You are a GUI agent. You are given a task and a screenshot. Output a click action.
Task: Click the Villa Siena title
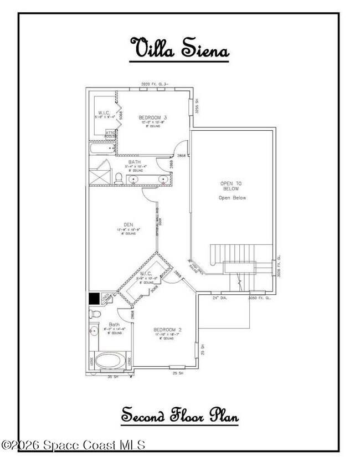tap(179, 48)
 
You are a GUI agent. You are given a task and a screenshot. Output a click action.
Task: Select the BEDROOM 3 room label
tap(153, 117)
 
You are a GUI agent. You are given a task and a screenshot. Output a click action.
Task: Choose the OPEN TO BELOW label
tap(231, 186)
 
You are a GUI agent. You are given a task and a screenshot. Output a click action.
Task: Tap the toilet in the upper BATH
tap(118, 178)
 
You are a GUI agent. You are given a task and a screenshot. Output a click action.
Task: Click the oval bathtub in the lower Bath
tap(110, 361)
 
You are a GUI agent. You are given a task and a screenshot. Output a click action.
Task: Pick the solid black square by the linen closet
tap(94, 298)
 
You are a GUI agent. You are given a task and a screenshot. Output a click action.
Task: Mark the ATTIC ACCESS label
tap(111, 134)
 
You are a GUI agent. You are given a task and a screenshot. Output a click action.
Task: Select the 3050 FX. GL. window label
tap(259, 298)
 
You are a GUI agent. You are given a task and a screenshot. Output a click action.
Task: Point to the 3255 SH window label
tap(197, 106)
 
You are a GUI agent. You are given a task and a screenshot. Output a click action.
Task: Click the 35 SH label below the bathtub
tap(113, 377)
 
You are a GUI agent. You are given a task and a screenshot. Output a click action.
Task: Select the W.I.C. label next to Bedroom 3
tap(104, 113)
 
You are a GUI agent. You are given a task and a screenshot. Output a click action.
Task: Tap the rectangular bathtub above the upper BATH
tap(102, 148)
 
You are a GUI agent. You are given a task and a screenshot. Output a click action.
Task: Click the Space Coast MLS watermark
tap(73, 444)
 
